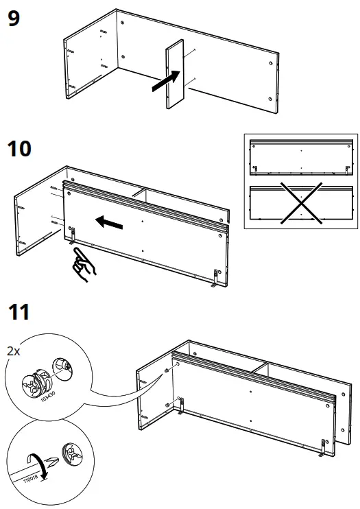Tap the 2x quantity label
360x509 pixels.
pos(13,351)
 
